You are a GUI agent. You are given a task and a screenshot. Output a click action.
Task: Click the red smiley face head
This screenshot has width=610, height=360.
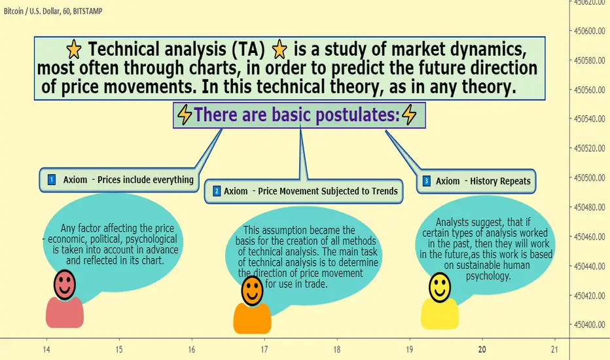click(65, 285)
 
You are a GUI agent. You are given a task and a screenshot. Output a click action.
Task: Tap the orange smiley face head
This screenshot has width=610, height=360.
click(252, 291)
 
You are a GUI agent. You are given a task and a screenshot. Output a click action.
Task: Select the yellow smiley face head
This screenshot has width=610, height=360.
click(440, 287)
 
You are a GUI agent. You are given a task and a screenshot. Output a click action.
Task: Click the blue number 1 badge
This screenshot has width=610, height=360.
click(51, 179)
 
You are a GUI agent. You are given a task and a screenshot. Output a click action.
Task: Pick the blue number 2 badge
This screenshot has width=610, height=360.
click(217, 191)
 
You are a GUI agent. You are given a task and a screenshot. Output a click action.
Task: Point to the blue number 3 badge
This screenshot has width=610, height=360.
click(426, 181)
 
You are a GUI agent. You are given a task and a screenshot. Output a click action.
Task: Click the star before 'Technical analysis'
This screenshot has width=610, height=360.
click(74, 50)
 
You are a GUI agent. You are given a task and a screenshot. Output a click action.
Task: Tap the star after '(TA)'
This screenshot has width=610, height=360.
click(279, 50)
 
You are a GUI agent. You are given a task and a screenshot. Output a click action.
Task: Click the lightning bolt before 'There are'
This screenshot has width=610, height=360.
click(185, 115)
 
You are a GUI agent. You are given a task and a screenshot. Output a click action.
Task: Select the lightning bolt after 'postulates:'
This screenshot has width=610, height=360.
click(409, 115)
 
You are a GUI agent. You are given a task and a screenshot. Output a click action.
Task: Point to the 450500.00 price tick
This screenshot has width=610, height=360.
click(589, 178)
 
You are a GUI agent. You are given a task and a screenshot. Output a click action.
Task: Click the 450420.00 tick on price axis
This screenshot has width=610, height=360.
click(589, 296)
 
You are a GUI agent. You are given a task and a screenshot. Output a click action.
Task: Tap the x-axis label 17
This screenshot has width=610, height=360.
click(264, 350)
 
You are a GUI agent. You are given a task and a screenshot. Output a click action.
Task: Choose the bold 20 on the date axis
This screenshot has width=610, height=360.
click(482, 350)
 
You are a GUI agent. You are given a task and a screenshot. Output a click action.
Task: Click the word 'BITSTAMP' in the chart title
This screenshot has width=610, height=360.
click(88, 11)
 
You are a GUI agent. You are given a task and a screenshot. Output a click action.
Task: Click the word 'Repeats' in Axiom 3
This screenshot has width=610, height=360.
click(514, 181)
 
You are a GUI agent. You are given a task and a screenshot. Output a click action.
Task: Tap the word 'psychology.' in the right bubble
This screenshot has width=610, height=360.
click(488, 276)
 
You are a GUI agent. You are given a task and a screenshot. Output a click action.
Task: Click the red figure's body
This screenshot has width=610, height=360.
click(65, 312)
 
